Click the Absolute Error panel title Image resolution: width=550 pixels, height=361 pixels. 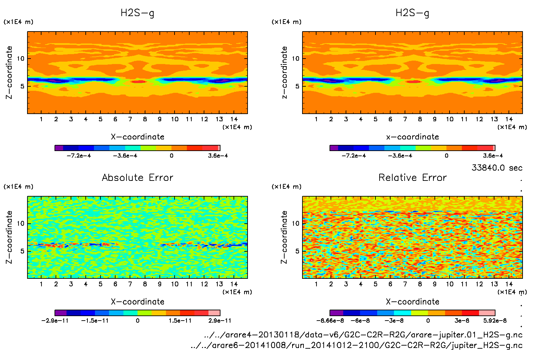pos(137,177)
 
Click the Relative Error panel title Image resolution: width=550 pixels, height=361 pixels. pos(412,177)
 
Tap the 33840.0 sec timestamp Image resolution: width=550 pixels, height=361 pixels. pos(497,168)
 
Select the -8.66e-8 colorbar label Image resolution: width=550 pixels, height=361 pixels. pos(330,321)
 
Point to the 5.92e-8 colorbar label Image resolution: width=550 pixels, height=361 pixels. pos(495,321)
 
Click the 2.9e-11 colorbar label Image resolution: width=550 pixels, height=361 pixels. pos(220,321)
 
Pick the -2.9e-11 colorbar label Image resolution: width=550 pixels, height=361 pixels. pos(55,321)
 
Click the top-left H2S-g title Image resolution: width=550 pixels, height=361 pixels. pos(137,13)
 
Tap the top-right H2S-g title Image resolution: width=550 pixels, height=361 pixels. pos(412,13)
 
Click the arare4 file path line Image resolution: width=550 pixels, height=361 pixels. pos(363,335)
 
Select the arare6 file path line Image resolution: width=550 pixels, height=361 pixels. pos(357,345)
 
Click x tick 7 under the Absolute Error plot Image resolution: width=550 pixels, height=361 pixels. pos(130,284)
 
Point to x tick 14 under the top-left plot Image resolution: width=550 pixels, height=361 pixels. pos(234,119)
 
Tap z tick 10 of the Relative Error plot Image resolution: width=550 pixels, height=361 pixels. pos(296,223)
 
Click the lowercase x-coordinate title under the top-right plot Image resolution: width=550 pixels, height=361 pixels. pos(412,137)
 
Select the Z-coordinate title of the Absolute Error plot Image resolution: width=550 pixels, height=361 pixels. pos(9,237)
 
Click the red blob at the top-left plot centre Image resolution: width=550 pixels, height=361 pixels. pos(139,82)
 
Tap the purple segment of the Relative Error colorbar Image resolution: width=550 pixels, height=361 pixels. pos(336,313)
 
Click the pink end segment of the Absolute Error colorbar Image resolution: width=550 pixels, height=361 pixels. pos(214,313)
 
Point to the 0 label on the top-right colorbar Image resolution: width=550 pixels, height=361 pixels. pos(446,155)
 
